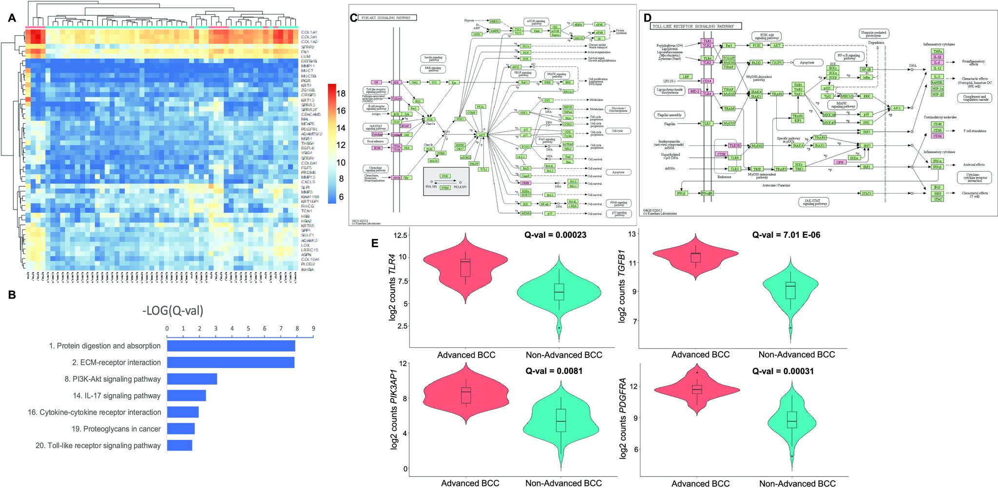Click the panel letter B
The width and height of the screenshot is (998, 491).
coord(11,295)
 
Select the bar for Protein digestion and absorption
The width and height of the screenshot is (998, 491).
coord(231,346)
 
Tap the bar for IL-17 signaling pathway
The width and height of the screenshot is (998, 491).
coord(186,395)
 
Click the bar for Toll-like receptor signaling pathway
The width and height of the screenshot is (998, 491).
coord(179,445)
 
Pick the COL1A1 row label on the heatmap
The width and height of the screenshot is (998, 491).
coord(309,32)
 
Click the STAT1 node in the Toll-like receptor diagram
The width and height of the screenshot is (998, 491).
coord(866,194)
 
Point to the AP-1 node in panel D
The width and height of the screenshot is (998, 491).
coord(896,107)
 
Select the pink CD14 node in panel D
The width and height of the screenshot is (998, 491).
coord(707,81)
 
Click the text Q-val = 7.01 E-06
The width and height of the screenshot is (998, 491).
coord(786,235)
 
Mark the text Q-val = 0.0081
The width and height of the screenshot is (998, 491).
coord(554,371)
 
